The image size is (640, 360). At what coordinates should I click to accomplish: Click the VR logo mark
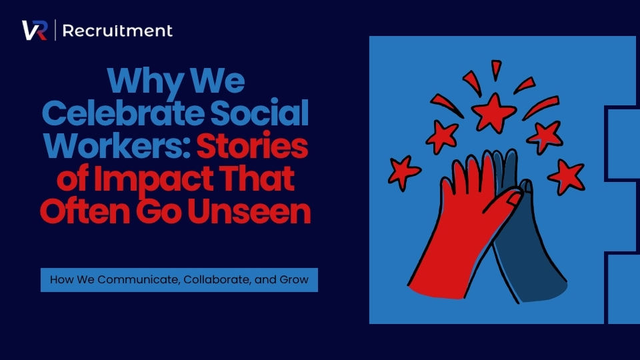(35, 30)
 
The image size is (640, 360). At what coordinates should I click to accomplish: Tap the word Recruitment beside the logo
(117, 31)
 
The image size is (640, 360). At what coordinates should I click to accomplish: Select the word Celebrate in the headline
(123, 113)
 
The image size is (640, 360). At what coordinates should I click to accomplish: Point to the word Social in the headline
(259, 113)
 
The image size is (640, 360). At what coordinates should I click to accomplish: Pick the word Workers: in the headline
(117, 146)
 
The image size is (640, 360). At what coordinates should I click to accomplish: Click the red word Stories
(252, 146)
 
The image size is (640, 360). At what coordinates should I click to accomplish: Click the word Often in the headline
(85, 211)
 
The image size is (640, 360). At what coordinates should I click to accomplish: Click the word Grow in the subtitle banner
(294, 279)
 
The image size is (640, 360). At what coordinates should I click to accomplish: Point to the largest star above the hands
(494, 113)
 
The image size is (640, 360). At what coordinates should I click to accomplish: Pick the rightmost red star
(567, 177)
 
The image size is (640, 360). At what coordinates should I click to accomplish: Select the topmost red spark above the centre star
(496, 69)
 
